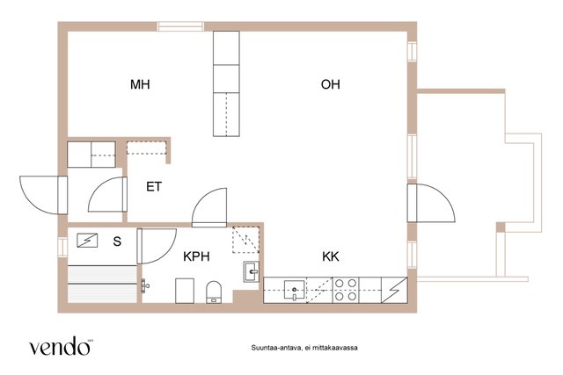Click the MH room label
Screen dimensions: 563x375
click(x=140, y=84)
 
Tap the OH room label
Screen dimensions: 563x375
click(x=331, y=84)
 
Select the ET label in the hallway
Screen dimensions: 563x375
click(x=154, y=187)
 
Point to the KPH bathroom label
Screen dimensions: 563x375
click(x=196, y=256)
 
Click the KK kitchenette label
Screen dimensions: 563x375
click(x=331, y=256)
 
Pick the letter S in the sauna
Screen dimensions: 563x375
click(x=117, y=242)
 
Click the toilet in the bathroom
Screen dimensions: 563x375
click(x=214, y=292)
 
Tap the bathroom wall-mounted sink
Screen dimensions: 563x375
click(x=252, y=271)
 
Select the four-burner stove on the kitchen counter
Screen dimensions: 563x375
click(x=346, y=290)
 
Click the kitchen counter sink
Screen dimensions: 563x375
click(x=295, y=290)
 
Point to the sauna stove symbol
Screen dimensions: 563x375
click(x=87, y=241)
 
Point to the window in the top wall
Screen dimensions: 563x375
click(x=180, y=26)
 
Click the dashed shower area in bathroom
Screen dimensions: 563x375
click(x=245, y=240)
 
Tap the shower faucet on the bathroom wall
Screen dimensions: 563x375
click(x=144, y=285)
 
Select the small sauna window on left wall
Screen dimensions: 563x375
click(x=62, y=247)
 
